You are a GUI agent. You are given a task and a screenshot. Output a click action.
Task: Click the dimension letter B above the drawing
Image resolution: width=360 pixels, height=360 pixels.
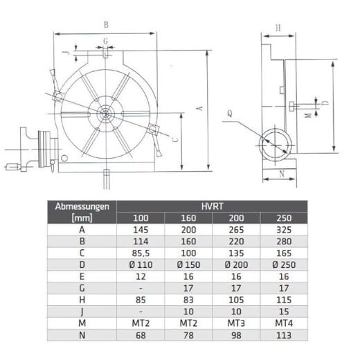[106, 25]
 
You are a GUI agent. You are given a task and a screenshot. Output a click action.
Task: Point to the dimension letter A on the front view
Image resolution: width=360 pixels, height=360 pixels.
[199, 109]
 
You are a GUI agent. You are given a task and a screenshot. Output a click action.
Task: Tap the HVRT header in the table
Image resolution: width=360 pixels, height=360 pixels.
[212, 206]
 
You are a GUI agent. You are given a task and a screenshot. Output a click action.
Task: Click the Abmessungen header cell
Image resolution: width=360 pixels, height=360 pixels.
[82, 206]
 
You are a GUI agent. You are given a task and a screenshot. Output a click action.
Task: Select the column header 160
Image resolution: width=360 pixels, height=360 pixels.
[188, 218]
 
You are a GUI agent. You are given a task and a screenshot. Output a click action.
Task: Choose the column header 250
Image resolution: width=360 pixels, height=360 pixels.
[284, 218]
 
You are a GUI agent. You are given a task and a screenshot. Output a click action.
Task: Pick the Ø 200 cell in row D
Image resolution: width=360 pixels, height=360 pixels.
[235, 265]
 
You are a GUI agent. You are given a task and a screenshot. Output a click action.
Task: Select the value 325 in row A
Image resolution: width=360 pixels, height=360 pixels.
[284, 230]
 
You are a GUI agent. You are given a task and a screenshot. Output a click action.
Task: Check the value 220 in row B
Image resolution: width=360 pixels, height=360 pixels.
[235, 242]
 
